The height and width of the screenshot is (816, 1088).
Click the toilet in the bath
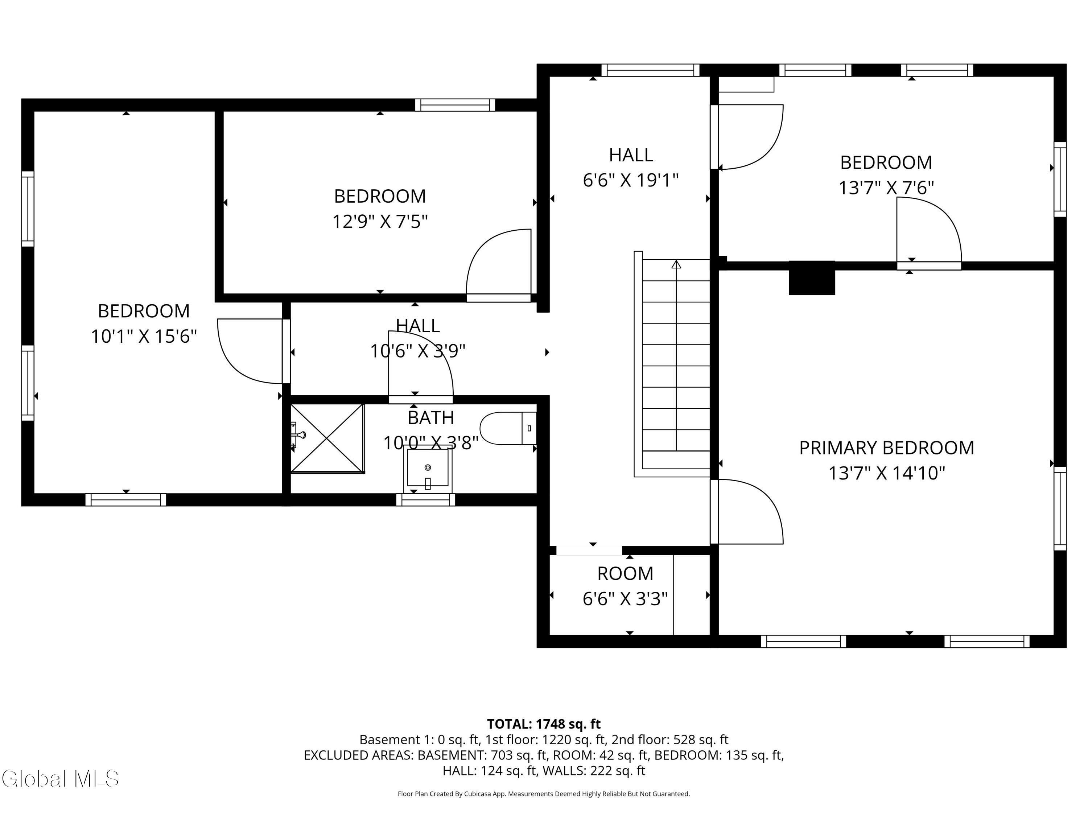[508, 428]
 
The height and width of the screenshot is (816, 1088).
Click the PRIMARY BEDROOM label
[886, 448]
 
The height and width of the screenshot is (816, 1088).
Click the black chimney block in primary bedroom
[812, 278]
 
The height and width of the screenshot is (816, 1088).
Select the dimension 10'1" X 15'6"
[144, 337]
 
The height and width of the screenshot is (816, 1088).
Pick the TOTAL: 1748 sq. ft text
[544, 724]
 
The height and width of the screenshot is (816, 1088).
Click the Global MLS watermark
[60, 779]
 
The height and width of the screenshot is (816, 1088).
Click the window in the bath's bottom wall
[425, 500]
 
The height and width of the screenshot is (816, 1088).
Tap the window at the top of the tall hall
[650, 70]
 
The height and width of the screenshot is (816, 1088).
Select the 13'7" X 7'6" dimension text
[886, 187]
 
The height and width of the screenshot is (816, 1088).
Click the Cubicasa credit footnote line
[544, 794]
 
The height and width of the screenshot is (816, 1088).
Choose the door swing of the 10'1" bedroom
[250, 351]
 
